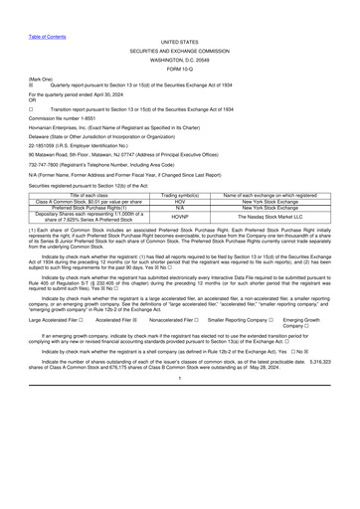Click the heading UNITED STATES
click(x=179, y=43)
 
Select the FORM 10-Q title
click(x=179, y=69)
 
